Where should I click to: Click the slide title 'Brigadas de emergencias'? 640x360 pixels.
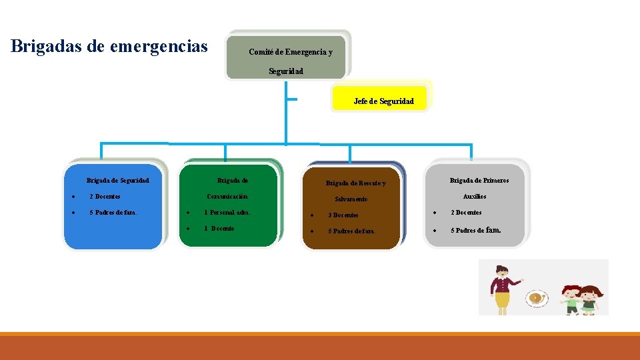pos(109,47)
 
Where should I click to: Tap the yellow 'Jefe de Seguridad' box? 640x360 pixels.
pos(383,101)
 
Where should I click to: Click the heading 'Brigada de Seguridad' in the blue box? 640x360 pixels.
pos(118,180)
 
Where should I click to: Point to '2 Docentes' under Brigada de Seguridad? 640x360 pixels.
pos(105,197)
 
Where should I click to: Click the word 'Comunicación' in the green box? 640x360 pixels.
pos(228,197)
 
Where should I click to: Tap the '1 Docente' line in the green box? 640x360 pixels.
pos(219,228)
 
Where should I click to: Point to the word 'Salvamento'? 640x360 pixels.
pos(351,199)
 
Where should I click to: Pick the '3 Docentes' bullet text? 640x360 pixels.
pos(343,215)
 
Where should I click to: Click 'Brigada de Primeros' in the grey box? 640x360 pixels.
pos(479,180)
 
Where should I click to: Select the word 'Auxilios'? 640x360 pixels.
pos(475,197)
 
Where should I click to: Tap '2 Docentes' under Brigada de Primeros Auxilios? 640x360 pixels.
pos(466,213)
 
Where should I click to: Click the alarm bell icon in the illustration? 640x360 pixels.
pos(535,298)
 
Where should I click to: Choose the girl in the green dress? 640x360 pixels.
pos(589,299)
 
